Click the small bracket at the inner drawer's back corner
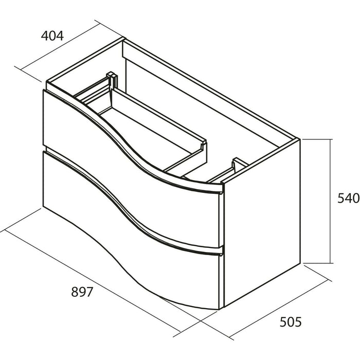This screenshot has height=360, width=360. [x=111, y=78]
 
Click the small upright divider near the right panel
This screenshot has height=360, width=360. [x=237, y=164]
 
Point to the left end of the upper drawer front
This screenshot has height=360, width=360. [x=45, y=118]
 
